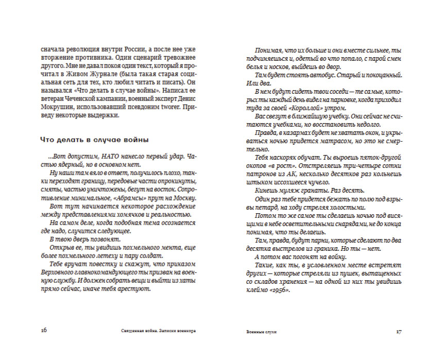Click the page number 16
tap(44, 331)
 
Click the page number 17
tap(398, 331)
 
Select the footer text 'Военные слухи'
tap(262, 332)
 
